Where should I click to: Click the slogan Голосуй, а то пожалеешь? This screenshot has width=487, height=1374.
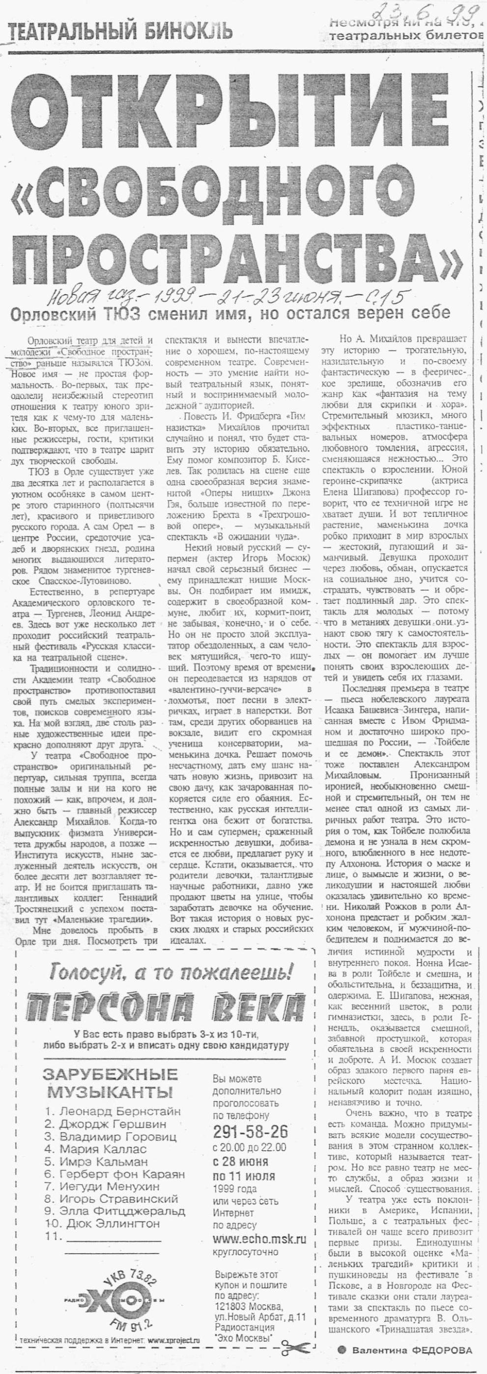[x=171, y=973]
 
